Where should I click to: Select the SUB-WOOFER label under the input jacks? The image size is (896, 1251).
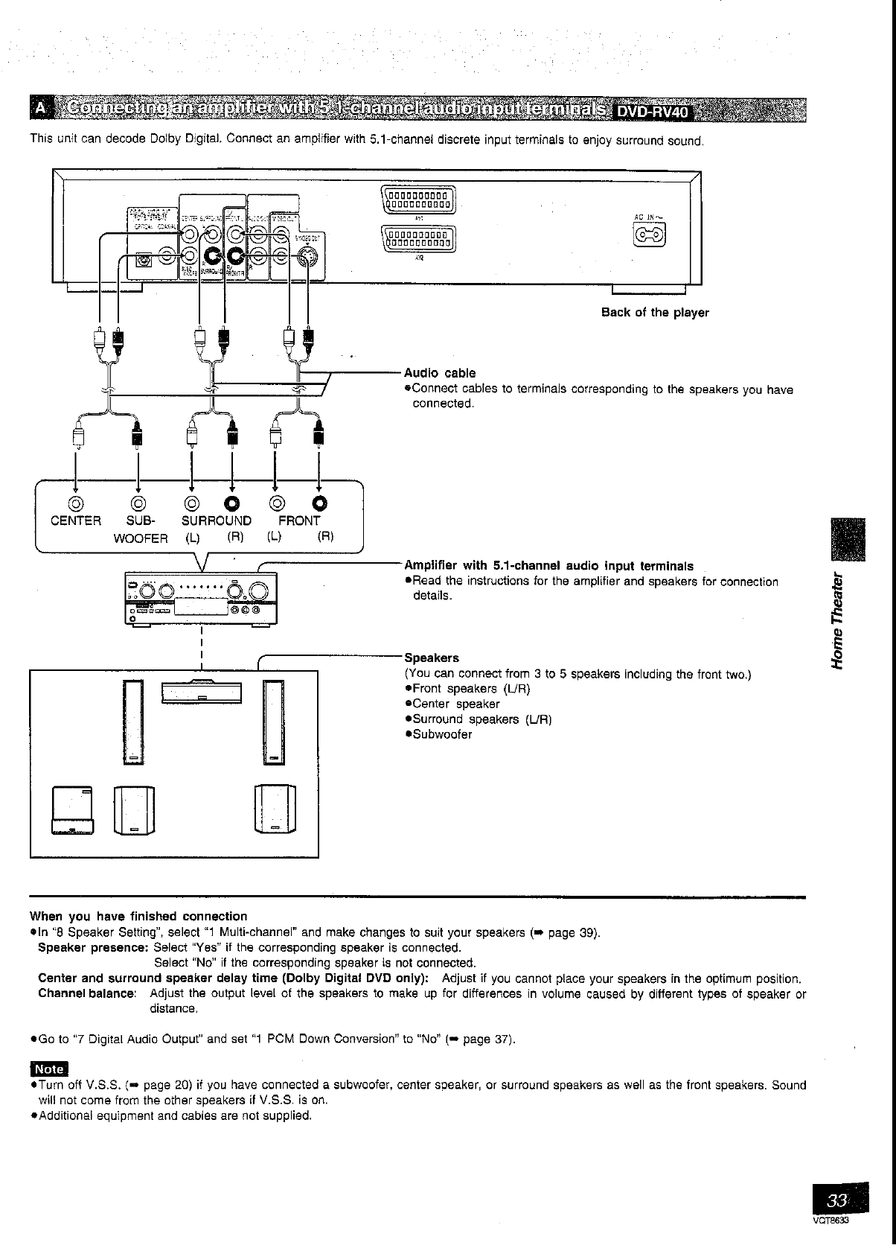pyautogui.click(x=140, y=529)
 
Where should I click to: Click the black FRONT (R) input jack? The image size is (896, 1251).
pyautogui.click(x=320, y=503)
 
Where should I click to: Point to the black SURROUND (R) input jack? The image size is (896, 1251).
pyautogui.click(x=232, y=503)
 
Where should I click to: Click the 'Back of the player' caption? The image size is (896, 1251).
pyautogui.click(x=655, y=313)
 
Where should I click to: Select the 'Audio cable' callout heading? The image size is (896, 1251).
pyautogui.click(x=440, y=373)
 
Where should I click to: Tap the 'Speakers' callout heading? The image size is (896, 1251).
pyautogui.click(x=432, y=658)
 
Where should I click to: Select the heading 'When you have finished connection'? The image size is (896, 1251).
pyautogui.click(x=138, y=916)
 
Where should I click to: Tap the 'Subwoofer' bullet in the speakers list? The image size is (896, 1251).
pyautogui.click(x=442, y=734)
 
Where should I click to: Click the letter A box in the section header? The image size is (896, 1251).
pyautogui.click(x=40, y=110)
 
